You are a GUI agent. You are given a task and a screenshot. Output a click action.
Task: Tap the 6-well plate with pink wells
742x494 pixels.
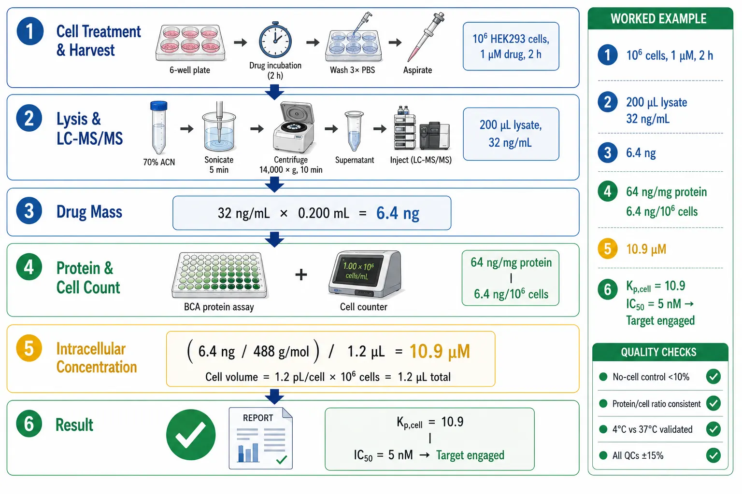(x=190, y=43)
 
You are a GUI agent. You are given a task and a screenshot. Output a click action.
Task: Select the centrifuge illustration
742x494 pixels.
(x=294, y=128)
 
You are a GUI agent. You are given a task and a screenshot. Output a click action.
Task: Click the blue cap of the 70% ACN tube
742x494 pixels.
(x=158, y=106)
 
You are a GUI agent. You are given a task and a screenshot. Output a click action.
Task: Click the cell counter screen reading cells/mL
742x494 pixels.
(x=358, y=271)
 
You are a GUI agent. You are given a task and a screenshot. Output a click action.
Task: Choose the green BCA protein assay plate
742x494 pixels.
(x=219, y=275)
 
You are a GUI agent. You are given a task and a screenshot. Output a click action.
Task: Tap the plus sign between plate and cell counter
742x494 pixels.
(x=301, y=274)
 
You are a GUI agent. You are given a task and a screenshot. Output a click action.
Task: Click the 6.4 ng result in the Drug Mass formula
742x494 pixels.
(x=398, y=213)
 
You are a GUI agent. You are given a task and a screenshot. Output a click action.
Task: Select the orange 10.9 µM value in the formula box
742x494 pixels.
(x=440, y=351)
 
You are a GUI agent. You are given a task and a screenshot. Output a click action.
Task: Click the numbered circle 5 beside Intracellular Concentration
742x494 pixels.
(x=29, y=348)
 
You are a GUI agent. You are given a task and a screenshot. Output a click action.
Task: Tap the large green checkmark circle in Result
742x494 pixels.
(x=191, y=435)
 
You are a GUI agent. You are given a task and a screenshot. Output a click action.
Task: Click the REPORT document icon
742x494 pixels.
(x=261, y=438)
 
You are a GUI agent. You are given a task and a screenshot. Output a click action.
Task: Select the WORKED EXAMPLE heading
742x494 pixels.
(x=658, y=19)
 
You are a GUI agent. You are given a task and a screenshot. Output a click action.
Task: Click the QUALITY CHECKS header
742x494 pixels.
(x=658, y=352)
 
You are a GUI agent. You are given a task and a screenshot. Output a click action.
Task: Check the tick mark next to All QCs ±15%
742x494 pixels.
(x=713, y=455)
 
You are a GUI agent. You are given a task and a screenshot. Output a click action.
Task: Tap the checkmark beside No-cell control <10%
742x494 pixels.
(x=713, y=377)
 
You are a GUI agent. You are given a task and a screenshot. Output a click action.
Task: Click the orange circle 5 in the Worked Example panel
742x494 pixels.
(x=608, y=248)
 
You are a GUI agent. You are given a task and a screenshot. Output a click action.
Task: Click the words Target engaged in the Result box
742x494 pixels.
(x=470, y=455)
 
